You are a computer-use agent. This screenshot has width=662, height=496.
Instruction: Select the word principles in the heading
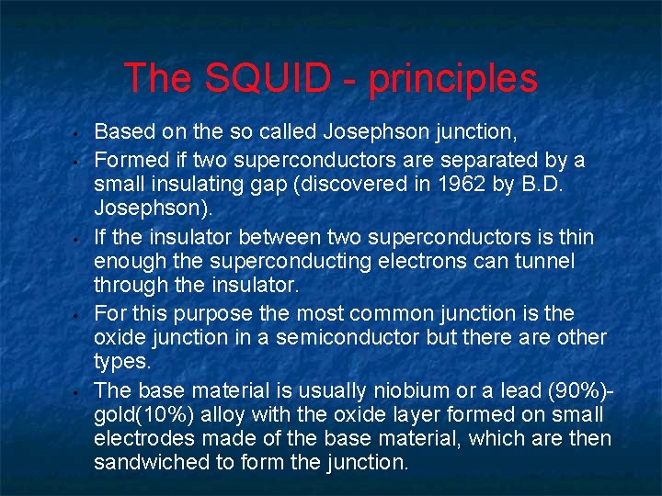(453, 79)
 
